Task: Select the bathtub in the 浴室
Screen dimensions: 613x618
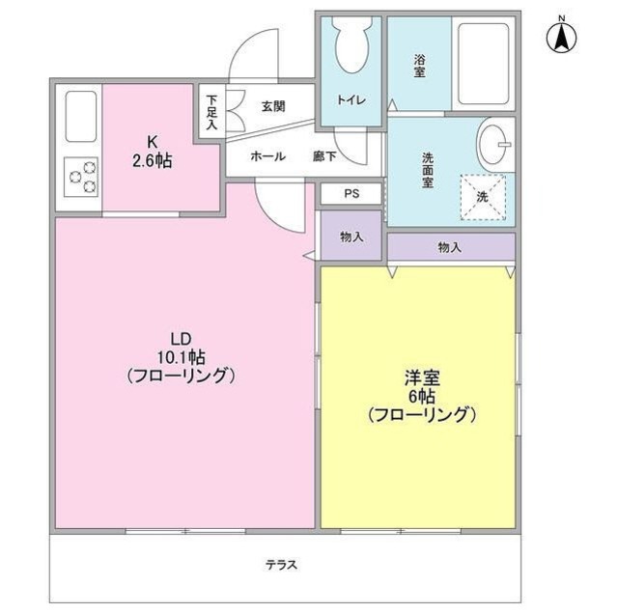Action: coord(485,63)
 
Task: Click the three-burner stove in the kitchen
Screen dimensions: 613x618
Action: coord(82,176)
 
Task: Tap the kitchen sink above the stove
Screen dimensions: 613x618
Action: coord(81,117)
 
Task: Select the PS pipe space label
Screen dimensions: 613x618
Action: coord(351,193)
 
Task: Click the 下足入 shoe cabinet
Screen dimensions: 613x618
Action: coord(211,112)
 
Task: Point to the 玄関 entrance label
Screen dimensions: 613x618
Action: coord(272,106)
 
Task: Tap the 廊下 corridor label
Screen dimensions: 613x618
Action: coord(324,156)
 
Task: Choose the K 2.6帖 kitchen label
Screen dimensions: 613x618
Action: coord(153,153)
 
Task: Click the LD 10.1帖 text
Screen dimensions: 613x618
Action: coord(182,357)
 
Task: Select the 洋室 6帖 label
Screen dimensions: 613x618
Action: coord(421,396)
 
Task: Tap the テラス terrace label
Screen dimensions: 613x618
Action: coord(281,565)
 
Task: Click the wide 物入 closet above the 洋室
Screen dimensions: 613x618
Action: coord(450,247)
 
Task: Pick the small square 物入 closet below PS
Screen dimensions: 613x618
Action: coord(351,237)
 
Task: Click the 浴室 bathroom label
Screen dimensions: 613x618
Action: coord(420,65)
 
